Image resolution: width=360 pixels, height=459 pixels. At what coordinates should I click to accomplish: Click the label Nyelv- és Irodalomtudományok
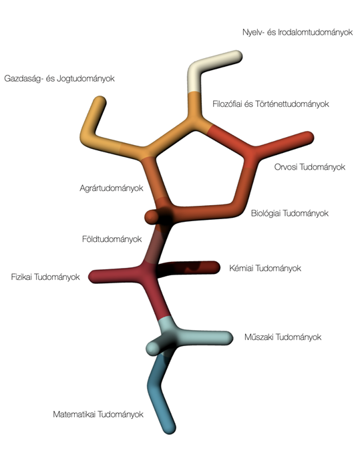point(297,32)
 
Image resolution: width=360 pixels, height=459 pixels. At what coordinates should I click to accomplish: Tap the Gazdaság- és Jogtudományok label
point(59,78)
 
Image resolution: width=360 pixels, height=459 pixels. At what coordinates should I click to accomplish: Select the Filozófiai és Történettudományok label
point(271,104)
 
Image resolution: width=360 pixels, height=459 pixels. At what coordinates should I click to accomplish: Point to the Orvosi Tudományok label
point(310,167)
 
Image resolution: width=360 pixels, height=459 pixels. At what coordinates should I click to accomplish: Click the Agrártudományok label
point(112,188)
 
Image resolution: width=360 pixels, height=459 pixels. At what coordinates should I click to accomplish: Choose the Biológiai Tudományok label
point(290,213)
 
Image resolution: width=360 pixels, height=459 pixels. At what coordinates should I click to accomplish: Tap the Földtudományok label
point(112,239)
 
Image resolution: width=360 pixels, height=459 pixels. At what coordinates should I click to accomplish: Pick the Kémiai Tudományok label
point(265,268)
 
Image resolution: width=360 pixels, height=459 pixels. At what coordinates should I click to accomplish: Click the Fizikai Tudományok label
point(45,277)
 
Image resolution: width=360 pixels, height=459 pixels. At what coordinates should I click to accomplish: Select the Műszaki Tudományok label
point(283,337)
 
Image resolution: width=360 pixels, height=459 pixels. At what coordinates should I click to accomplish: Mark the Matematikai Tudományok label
point(98,414)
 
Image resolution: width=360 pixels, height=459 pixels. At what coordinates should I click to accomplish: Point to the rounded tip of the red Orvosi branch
point(308,138)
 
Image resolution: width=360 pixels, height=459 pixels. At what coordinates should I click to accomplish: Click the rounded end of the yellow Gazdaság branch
point(100,102)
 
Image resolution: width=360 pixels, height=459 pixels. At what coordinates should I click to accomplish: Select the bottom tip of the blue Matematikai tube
point(170,428)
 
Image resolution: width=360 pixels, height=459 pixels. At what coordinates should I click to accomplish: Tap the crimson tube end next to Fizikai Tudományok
point(95,277)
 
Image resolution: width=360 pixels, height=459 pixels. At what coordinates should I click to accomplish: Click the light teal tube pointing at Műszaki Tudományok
point(205,338)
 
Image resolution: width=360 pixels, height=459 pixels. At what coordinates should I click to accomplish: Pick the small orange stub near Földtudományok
point(152,217)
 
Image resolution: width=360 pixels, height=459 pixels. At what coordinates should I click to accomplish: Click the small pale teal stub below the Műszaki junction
point(153,348)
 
